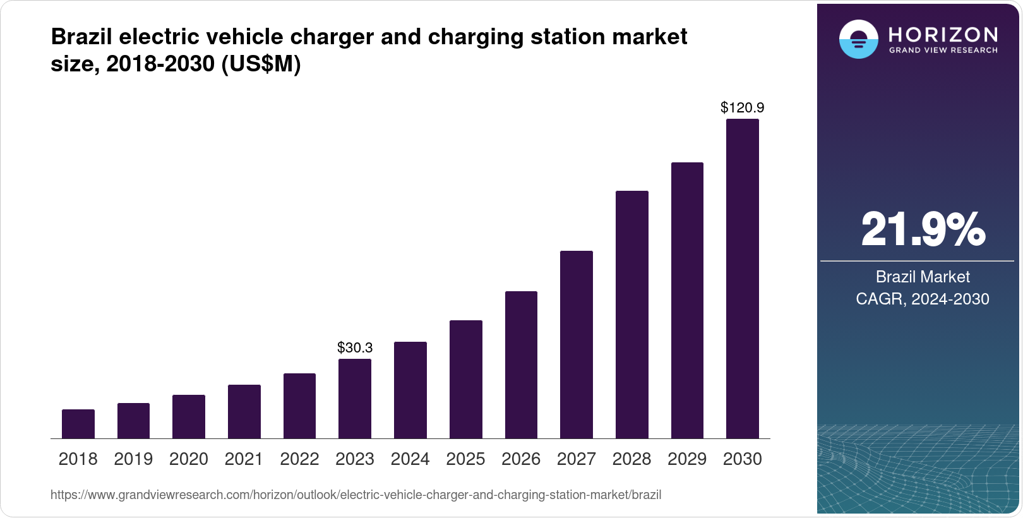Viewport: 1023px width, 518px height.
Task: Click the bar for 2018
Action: (78, 424)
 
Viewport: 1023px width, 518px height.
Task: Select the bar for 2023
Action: (355, 399)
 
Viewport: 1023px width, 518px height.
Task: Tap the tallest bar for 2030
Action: (743, 279)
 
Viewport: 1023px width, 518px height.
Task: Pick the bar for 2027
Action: (577, 344)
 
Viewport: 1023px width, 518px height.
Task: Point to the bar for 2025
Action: (466, 379)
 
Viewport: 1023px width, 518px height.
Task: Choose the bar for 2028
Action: (632, 315)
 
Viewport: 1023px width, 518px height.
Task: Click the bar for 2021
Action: (244, 411)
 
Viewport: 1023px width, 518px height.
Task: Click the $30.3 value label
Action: (355, 347)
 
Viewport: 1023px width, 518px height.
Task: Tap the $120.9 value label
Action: (743, 107)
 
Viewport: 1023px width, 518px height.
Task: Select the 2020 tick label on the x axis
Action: (189, 459)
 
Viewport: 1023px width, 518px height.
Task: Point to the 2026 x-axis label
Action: (521, 459)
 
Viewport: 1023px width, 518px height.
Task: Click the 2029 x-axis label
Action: (687, 459)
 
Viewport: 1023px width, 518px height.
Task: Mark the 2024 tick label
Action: (410, 459)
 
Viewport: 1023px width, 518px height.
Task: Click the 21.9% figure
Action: (923, 229)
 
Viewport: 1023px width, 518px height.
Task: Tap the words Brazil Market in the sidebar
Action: (923, 277)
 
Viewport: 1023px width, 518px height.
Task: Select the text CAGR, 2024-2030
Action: (923, 299)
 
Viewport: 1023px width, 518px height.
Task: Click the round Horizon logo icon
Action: (858, 39)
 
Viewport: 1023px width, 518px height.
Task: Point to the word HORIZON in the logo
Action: (943, 34)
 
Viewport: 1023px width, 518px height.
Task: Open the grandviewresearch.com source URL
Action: (356, 495)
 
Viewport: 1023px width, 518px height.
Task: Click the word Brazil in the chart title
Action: (82, 37)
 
